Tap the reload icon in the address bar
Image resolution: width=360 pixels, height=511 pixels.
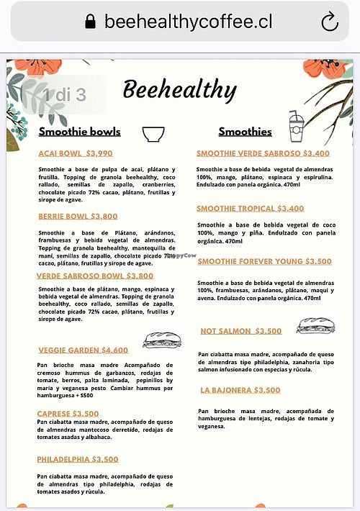coord(329,22)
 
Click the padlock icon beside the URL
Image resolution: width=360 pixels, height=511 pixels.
coord(90,22)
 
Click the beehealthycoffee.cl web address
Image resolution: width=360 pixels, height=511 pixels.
coord(189,22)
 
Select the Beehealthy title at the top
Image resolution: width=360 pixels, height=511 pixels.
coord(179,90)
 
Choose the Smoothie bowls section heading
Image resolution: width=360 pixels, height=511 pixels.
coord(79,132)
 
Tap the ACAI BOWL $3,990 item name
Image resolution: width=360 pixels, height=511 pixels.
coord(76,153)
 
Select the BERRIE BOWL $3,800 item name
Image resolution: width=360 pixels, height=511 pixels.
coord(78,216)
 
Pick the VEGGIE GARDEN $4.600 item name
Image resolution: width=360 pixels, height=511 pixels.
coord(83,351)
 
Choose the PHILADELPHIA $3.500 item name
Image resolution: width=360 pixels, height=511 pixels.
coord(78,459)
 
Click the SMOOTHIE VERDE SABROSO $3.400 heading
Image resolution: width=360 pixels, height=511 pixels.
coord(263,153)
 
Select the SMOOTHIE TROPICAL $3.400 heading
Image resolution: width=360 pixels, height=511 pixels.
coord(250,209)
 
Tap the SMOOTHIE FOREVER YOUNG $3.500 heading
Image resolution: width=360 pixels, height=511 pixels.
coord(264,261)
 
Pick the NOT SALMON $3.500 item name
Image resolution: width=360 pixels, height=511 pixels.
coord(241,331)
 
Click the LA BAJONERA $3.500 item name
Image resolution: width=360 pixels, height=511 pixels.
coord(240,390)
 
